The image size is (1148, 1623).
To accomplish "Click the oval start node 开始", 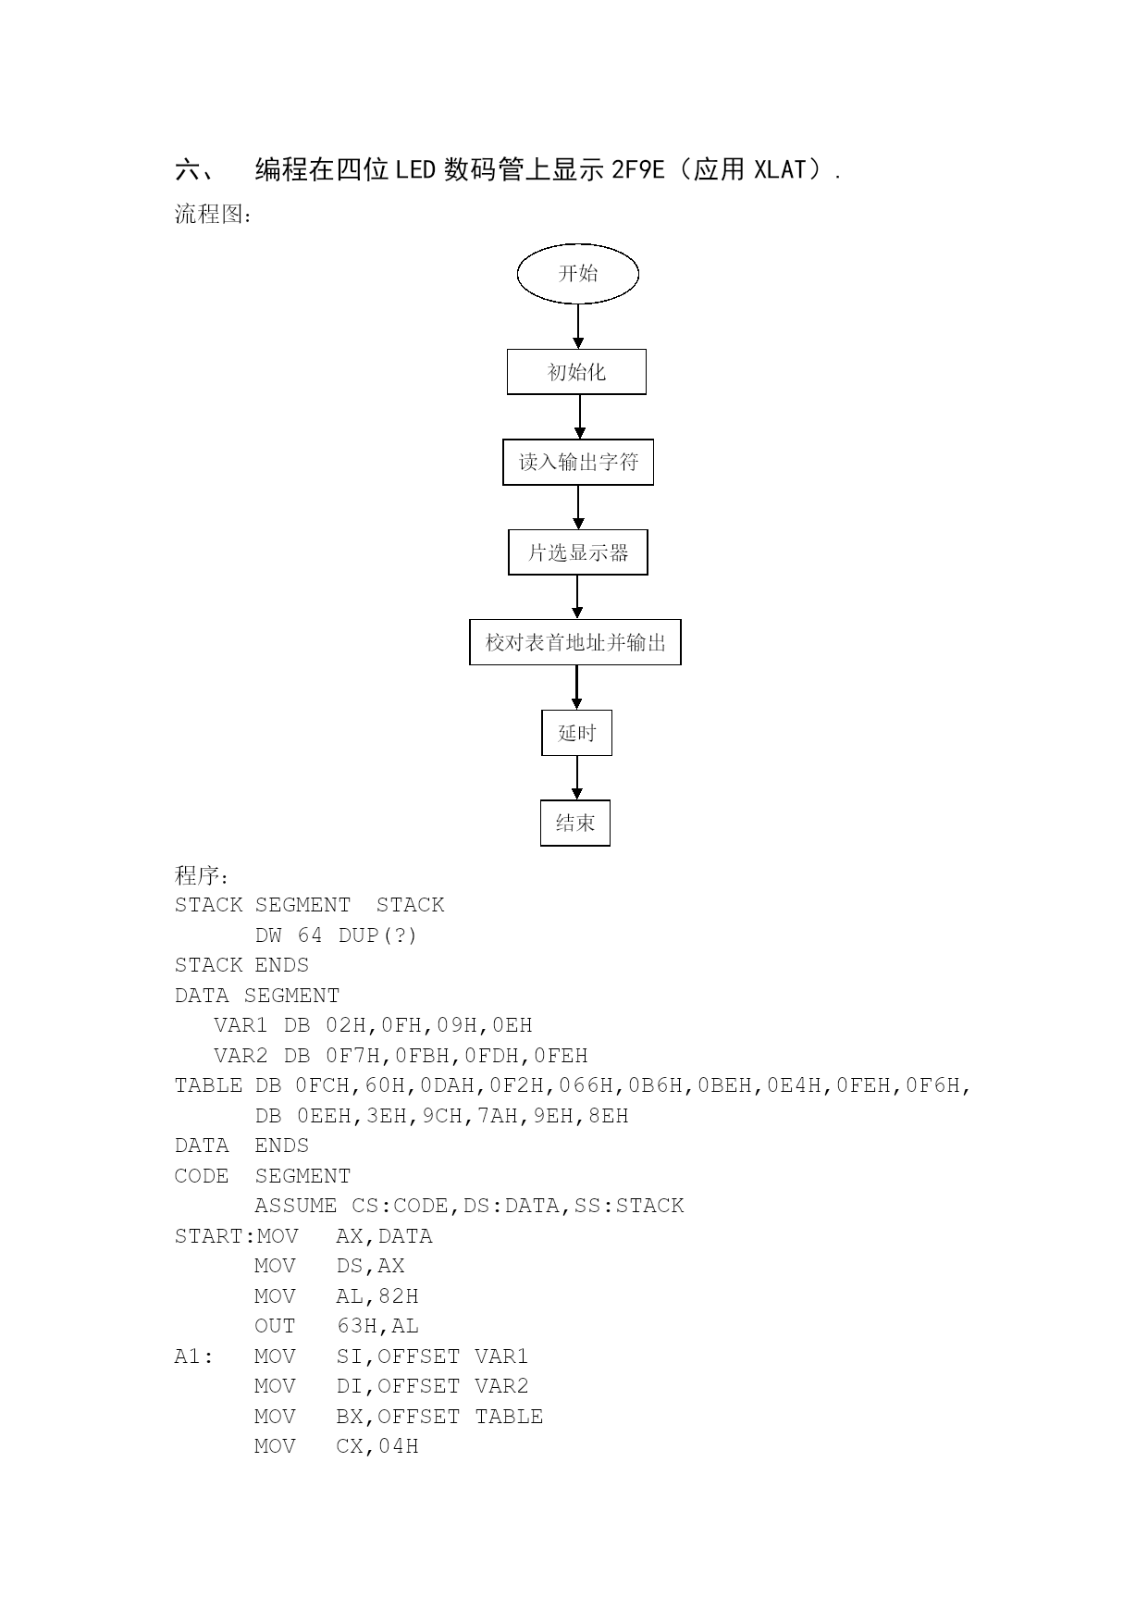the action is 578,274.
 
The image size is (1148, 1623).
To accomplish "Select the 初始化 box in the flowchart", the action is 576,372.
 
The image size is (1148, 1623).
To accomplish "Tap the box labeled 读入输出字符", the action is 578,462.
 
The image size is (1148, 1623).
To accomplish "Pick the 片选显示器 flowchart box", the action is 578,552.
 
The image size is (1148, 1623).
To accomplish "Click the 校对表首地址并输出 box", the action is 575,642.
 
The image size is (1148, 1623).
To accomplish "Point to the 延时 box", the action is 576,733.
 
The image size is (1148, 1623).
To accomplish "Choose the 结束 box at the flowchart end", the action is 575,823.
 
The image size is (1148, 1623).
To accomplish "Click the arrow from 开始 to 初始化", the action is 578,327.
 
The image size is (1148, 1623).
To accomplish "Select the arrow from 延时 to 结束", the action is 576,778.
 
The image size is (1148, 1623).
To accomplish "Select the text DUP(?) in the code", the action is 377,935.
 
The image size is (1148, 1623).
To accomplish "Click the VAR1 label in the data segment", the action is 241,1025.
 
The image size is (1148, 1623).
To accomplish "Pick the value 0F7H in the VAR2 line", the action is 356,1056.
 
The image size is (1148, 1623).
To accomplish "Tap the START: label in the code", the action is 216,1236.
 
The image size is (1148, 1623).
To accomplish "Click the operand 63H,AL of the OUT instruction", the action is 377,1326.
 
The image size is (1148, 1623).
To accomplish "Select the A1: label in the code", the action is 194,1357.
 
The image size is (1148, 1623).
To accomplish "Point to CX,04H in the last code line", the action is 377,1446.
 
